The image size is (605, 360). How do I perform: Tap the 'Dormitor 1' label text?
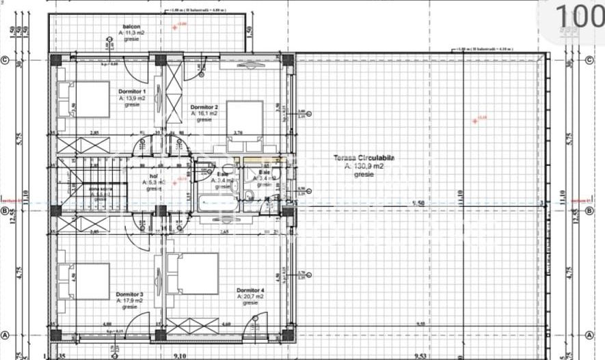132,92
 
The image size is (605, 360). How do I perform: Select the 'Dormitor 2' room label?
204,107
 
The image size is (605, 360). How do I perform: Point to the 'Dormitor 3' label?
130,294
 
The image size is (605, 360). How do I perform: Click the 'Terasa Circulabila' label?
364,158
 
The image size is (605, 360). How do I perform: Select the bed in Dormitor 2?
243,125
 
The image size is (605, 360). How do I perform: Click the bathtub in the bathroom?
215,202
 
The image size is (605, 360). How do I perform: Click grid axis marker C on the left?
5,60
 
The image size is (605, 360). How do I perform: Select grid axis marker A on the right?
589,335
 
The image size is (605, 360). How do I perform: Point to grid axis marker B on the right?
589,210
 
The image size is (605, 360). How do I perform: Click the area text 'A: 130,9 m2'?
364,166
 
